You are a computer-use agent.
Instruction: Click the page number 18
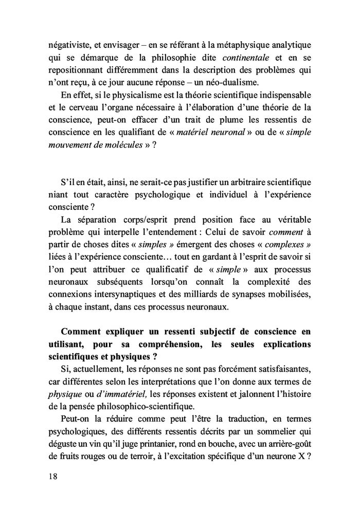coord(50,476)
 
